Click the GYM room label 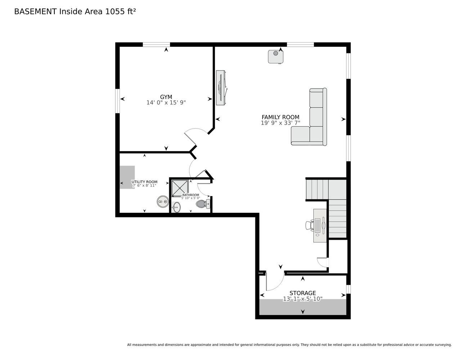166,97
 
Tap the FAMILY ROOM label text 280,117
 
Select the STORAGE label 303,293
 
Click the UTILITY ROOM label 144,182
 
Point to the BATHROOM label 191,195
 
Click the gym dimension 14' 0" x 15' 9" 166,103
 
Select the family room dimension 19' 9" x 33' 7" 280,123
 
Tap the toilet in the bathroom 203,203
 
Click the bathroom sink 176,207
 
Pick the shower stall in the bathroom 180,188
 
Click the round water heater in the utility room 162,202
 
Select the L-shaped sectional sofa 309,117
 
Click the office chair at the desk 309,226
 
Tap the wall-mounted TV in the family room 221,87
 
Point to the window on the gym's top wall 156,45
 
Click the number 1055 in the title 115,12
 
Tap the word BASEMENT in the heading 35,12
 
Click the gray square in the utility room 127,177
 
